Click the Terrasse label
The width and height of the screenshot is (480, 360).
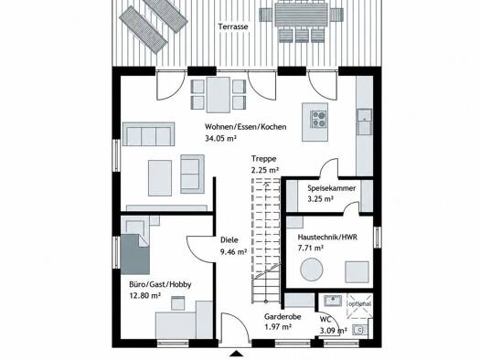point(233,26)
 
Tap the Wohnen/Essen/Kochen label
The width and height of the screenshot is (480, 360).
point(246,127)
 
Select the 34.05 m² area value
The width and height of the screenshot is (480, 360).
point(220,138)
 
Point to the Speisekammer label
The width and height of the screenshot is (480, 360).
point(332,188)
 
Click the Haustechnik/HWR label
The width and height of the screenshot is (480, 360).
point(327,238)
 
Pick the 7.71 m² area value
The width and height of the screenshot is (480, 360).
point(311,248)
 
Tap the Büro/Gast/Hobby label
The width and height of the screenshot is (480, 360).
point(160,285)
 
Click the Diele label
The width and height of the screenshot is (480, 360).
point(229,240)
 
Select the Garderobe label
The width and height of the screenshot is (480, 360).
point(283,317)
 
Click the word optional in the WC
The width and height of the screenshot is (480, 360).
point(360,304)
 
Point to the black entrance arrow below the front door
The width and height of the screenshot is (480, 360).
point(236,354)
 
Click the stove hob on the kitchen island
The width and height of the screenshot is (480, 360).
point(319,119)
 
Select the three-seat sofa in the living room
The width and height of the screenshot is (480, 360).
point(148,134)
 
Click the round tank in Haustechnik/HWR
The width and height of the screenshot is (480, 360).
point(312,270)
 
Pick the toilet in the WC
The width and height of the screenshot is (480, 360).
point(360,330)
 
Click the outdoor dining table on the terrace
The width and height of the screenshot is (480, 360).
point(296,16)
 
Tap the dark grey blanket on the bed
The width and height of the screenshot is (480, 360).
point(135,254)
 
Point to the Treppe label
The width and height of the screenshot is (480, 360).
point(264,159)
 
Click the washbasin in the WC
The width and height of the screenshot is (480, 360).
point(333,300)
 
